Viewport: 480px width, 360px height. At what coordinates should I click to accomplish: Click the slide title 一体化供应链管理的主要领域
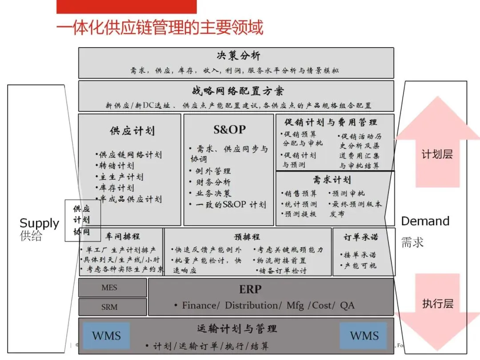tap(160, 28)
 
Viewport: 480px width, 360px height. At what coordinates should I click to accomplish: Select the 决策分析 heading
tap(239, 56)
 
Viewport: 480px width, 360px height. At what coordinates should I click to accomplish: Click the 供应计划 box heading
tap(132, 131)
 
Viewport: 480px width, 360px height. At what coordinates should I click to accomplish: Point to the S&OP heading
tap(229, 129)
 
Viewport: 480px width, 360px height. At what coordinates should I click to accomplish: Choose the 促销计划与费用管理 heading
tap(331, 122)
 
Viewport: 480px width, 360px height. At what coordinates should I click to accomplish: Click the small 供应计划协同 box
tap(82, 220)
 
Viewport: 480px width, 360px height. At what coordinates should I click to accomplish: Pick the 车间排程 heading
tap(121, 236)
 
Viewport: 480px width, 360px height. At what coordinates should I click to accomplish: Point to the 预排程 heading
tap(247, 236)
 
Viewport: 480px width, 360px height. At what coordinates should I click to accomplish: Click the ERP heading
tap(250, 289)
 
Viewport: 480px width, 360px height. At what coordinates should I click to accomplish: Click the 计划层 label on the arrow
tap(437, 155)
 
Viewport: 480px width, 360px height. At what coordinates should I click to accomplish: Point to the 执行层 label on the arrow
tap(437, 304)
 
